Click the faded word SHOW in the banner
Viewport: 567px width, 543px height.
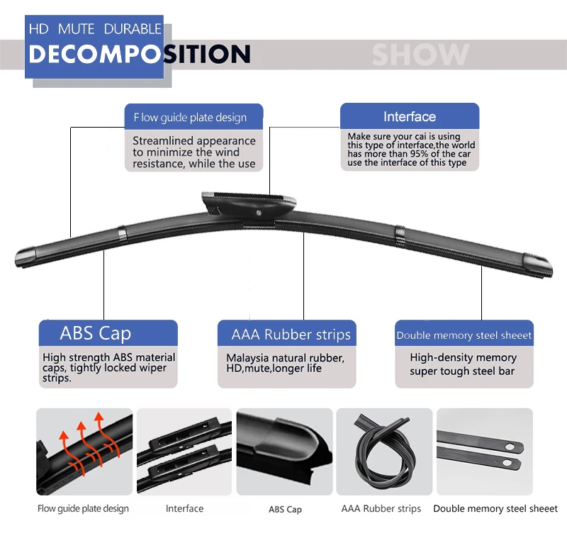[x=420, y=55]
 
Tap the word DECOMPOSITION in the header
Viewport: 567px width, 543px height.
[x=140, y=55]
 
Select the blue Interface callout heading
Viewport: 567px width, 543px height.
[x=410, y=116]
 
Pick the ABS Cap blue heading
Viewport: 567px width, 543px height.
[x=108, y=333]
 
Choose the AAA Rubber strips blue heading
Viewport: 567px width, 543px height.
[x=287, y=334]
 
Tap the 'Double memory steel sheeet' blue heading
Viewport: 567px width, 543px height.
[x=464, y=335]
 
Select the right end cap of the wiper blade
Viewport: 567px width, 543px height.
[x=538, y=265]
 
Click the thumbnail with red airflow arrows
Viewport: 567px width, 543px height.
[x=84, y=452]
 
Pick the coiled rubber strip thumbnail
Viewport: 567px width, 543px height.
[x=384, y=452]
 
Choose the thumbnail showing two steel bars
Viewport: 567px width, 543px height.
[x=485, y=452]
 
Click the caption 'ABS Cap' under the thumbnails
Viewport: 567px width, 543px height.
[x=285, y=510]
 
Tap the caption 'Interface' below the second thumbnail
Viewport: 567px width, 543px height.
[x=184, y=509]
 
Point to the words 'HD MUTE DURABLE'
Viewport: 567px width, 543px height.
[x=95, y=29]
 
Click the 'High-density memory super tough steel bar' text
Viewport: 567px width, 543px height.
[x=463, y=364]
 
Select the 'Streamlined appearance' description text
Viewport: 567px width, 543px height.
[x=193, y=152]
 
